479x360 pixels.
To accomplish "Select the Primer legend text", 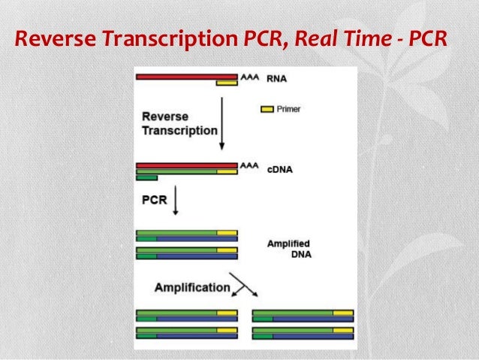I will [288, 109].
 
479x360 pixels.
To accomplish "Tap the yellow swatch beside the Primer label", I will [267, 109].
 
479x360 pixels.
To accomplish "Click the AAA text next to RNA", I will [249, 77].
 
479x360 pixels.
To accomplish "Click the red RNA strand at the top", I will [186, 76].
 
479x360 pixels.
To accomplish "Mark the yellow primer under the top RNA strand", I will [227, 83].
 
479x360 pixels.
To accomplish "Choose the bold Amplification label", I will [192, 287].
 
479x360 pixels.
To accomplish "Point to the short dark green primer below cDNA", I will [146, 178].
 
